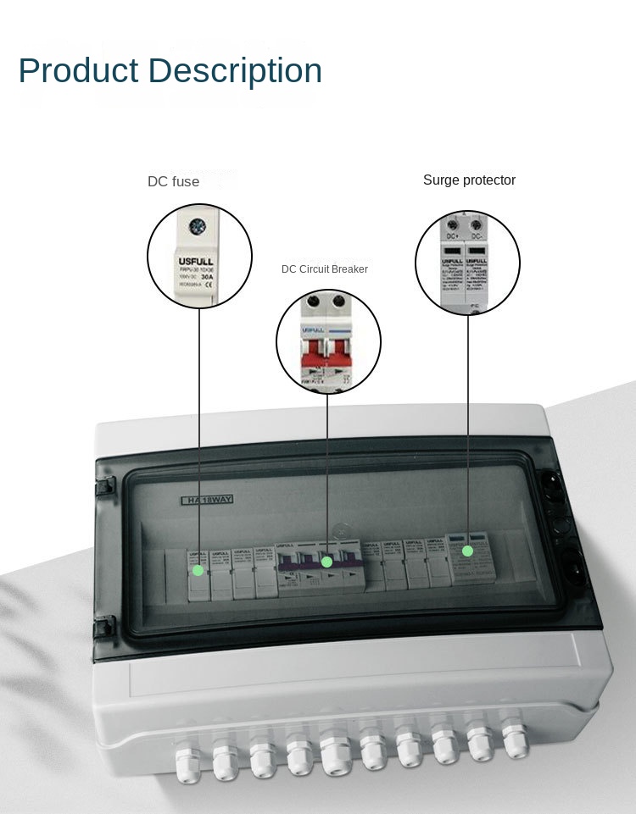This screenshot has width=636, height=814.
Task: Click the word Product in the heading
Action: point(77,71)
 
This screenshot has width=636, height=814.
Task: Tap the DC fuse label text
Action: point(174,182)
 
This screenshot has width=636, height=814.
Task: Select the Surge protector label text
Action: point(469,180)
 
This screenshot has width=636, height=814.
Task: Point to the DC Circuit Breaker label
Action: point(325,269)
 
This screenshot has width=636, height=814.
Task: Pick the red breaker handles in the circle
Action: point(327,351)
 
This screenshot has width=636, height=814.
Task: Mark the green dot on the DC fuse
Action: point(198,570)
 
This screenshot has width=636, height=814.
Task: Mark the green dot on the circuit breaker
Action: point(326,562)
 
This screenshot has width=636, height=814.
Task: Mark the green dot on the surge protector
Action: point(467,551)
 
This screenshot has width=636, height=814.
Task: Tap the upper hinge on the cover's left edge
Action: point(104,485)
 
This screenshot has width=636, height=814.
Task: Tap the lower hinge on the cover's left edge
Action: point(103,627)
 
